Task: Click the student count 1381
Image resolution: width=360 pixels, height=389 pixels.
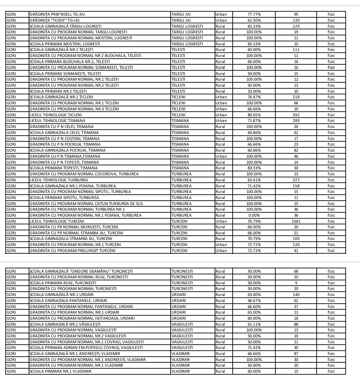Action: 296,221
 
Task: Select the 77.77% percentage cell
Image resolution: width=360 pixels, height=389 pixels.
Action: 254,14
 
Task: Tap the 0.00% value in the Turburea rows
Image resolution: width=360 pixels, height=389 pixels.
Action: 254,215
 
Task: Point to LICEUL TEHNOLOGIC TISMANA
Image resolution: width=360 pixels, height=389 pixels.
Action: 57,121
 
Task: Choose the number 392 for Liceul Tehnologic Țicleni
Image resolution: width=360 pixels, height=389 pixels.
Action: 296,115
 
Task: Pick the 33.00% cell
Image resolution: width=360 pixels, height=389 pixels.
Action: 254,91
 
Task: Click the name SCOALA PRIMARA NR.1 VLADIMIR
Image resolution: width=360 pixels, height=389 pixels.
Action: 60,371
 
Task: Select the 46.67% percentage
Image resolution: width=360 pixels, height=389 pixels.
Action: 254,301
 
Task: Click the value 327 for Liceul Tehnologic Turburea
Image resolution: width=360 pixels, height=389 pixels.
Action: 296,180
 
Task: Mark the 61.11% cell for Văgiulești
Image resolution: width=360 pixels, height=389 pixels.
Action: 254,324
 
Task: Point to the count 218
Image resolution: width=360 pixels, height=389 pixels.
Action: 296,97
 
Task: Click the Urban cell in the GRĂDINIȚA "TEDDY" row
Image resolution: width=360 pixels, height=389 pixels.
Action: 221,20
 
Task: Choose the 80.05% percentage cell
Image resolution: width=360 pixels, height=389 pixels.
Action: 254,115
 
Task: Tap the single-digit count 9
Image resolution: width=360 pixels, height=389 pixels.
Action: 296,283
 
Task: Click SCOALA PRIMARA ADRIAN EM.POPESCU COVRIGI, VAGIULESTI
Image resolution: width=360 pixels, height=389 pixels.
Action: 86,348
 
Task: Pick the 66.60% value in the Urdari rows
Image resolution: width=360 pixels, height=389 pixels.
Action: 254,307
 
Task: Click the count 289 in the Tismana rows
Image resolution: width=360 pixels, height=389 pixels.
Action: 296,121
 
